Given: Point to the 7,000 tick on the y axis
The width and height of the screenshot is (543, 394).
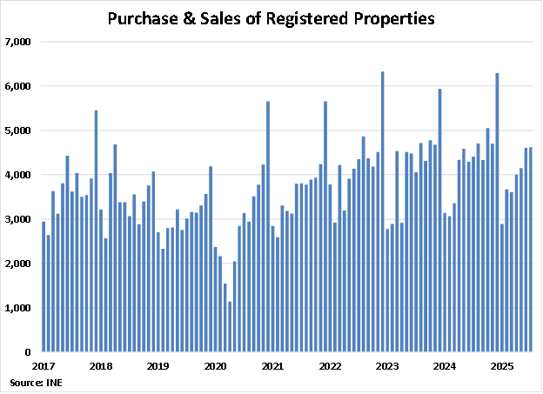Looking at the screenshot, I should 18,42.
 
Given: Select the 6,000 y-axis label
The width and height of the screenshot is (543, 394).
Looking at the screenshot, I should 18,86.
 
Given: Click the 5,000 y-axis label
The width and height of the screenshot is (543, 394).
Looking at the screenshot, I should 18,130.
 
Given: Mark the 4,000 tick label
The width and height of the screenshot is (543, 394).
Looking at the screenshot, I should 18,175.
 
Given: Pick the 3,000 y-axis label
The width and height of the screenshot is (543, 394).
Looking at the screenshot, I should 18,219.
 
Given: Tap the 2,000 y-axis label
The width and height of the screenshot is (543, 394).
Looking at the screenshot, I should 18,264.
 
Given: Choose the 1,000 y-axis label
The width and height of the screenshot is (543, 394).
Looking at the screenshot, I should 18,308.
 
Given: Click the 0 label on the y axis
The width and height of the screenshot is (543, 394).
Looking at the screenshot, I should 28,352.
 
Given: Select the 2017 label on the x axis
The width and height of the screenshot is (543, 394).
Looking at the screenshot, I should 45,367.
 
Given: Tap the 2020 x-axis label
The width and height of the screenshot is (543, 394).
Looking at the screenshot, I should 215,367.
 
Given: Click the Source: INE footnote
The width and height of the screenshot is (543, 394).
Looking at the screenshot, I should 31,383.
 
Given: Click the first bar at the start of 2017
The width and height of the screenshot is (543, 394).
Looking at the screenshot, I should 44,287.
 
